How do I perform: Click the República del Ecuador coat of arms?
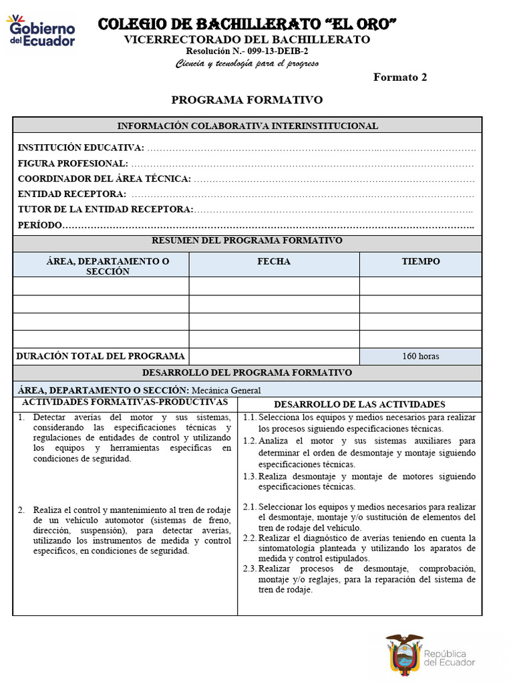click(404, 654)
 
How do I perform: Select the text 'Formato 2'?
click(399, 77)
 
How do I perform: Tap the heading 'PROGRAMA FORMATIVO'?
click(247, 100)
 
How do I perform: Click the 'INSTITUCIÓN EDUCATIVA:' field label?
click(80, 148)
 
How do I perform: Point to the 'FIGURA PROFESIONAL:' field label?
click(73, 164)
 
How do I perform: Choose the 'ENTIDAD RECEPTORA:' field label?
click(72, 194)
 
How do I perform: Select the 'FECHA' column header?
click(274, 262)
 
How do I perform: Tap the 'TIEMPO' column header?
click(421, 262)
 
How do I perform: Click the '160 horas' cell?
click(421, 356)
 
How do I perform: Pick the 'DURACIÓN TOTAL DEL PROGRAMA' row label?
click(100, 356)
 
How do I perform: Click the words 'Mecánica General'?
click(226, 391)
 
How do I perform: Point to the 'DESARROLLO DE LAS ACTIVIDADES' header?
click(359, 405)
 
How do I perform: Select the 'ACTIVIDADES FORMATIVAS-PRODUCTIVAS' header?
click(125, 402)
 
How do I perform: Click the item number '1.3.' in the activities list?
click(250, 477)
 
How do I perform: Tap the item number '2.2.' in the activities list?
click(250, 538)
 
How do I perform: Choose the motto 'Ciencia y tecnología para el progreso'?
click(247, 64)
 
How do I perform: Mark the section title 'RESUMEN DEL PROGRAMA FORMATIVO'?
click(247, 240)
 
